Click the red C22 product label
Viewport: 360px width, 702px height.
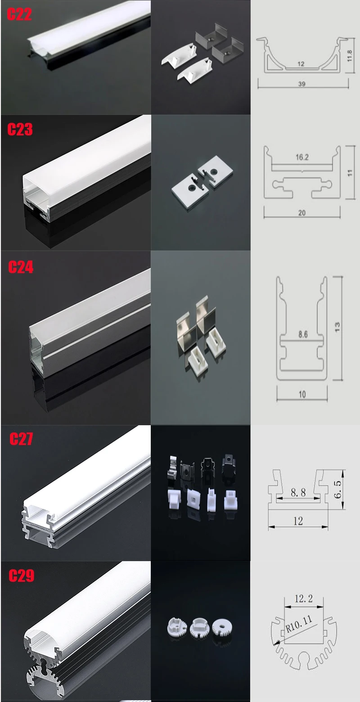(x=19, y=14)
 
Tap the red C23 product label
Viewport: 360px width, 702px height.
(x=20, y=130)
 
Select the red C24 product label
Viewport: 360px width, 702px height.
(x=21, y=267)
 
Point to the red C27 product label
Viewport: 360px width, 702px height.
(x=21, y=439)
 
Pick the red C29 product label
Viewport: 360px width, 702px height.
(x=21, y=576)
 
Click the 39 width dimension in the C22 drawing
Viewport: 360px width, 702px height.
(x=301, y=84)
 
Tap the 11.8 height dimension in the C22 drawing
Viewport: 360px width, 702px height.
(x=350, y=56)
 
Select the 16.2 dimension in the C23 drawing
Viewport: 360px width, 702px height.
(x=302, y=157)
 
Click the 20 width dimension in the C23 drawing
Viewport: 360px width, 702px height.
(x=301, y=213)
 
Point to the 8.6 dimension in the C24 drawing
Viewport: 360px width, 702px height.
(x=303, y=334)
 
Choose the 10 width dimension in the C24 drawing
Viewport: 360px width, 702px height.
(x=302, y=394)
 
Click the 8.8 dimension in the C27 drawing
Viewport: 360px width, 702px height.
(x=298, y=492)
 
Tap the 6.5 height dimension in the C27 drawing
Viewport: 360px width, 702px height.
(x=337, y=490)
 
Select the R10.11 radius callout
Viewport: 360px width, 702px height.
(x=299, y=624)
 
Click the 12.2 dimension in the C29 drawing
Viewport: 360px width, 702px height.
(x=304, y=598)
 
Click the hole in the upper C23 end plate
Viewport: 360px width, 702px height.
(x=214, y=172)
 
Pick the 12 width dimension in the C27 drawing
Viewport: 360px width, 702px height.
(x=298, y=521)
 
